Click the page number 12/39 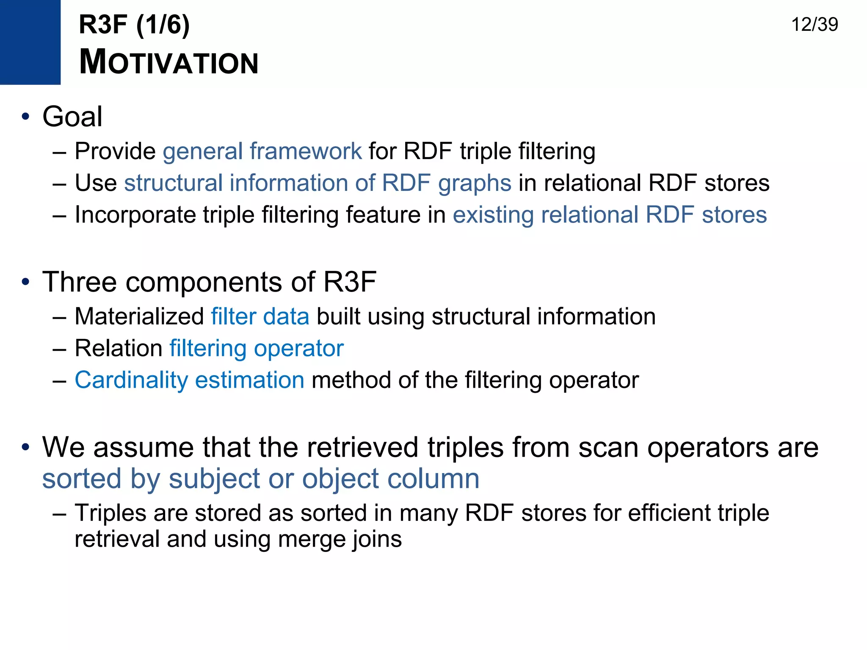click(x=814, y=25)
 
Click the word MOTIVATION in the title click(x=168, y=63)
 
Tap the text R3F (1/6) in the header click(x=134, y=25)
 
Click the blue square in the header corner click(x=30, y=42)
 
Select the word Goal click(x=72, y=117)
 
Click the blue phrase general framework click(x=262, y=151)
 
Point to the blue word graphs click(x=475, y=184)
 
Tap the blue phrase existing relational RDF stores click(x=610, y=215)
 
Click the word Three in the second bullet click(x=79, y=282)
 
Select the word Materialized click(x=139, y=317)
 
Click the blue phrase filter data click(x=260, y=317)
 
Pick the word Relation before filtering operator click(x=119, y=349)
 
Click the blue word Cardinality click(x=131, y=380)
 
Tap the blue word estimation click(x=249, y=380)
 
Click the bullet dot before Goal click(x=26, y=117)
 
